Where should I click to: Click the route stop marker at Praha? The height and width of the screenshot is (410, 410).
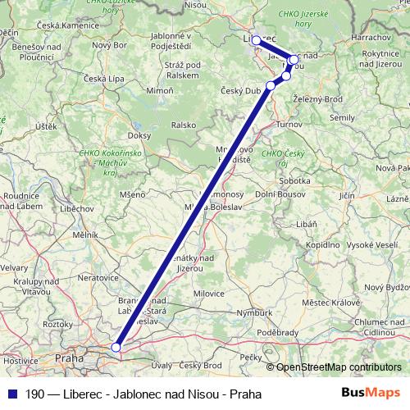tap(116, 348)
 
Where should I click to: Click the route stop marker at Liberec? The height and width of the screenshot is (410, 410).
tap(256, 39)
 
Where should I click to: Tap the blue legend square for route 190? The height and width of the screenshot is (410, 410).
tap(11, 394)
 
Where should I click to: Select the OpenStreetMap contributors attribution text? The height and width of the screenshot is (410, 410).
tap(338, 367)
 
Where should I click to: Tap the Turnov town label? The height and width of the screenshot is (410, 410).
tap(289, 123)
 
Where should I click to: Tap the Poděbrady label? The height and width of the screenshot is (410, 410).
tap(277, 332)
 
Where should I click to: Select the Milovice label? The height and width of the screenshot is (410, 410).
tap(208, 293)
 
